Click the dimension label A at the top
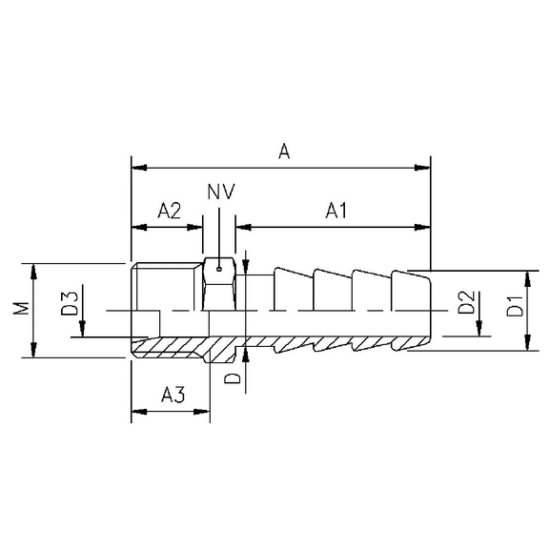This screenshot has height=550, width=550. [x=282, y=151]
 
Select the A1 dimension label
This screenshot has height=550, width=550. [x=336, y=211]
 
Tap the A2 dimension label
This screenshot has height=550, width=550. [x=169, y=211]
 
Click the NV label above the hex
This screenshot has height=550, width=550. [x=220, y=192]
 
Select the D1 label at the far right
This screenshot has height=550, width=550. [x=514, y=309]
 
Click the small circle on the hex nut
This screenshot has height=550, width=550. [x=218, y=268]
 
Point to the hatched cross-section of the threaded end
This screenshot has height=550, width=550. [x=172, y=344]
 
